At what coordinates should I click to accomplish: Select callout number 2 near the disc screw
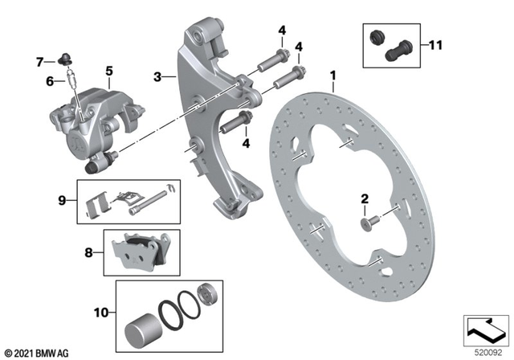[x=364, y=198]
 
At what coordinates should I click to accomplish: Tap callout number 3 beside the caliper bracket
[x=158, y=77]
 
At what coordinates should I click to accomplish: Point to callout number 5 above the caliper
[x=108, y=71]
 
